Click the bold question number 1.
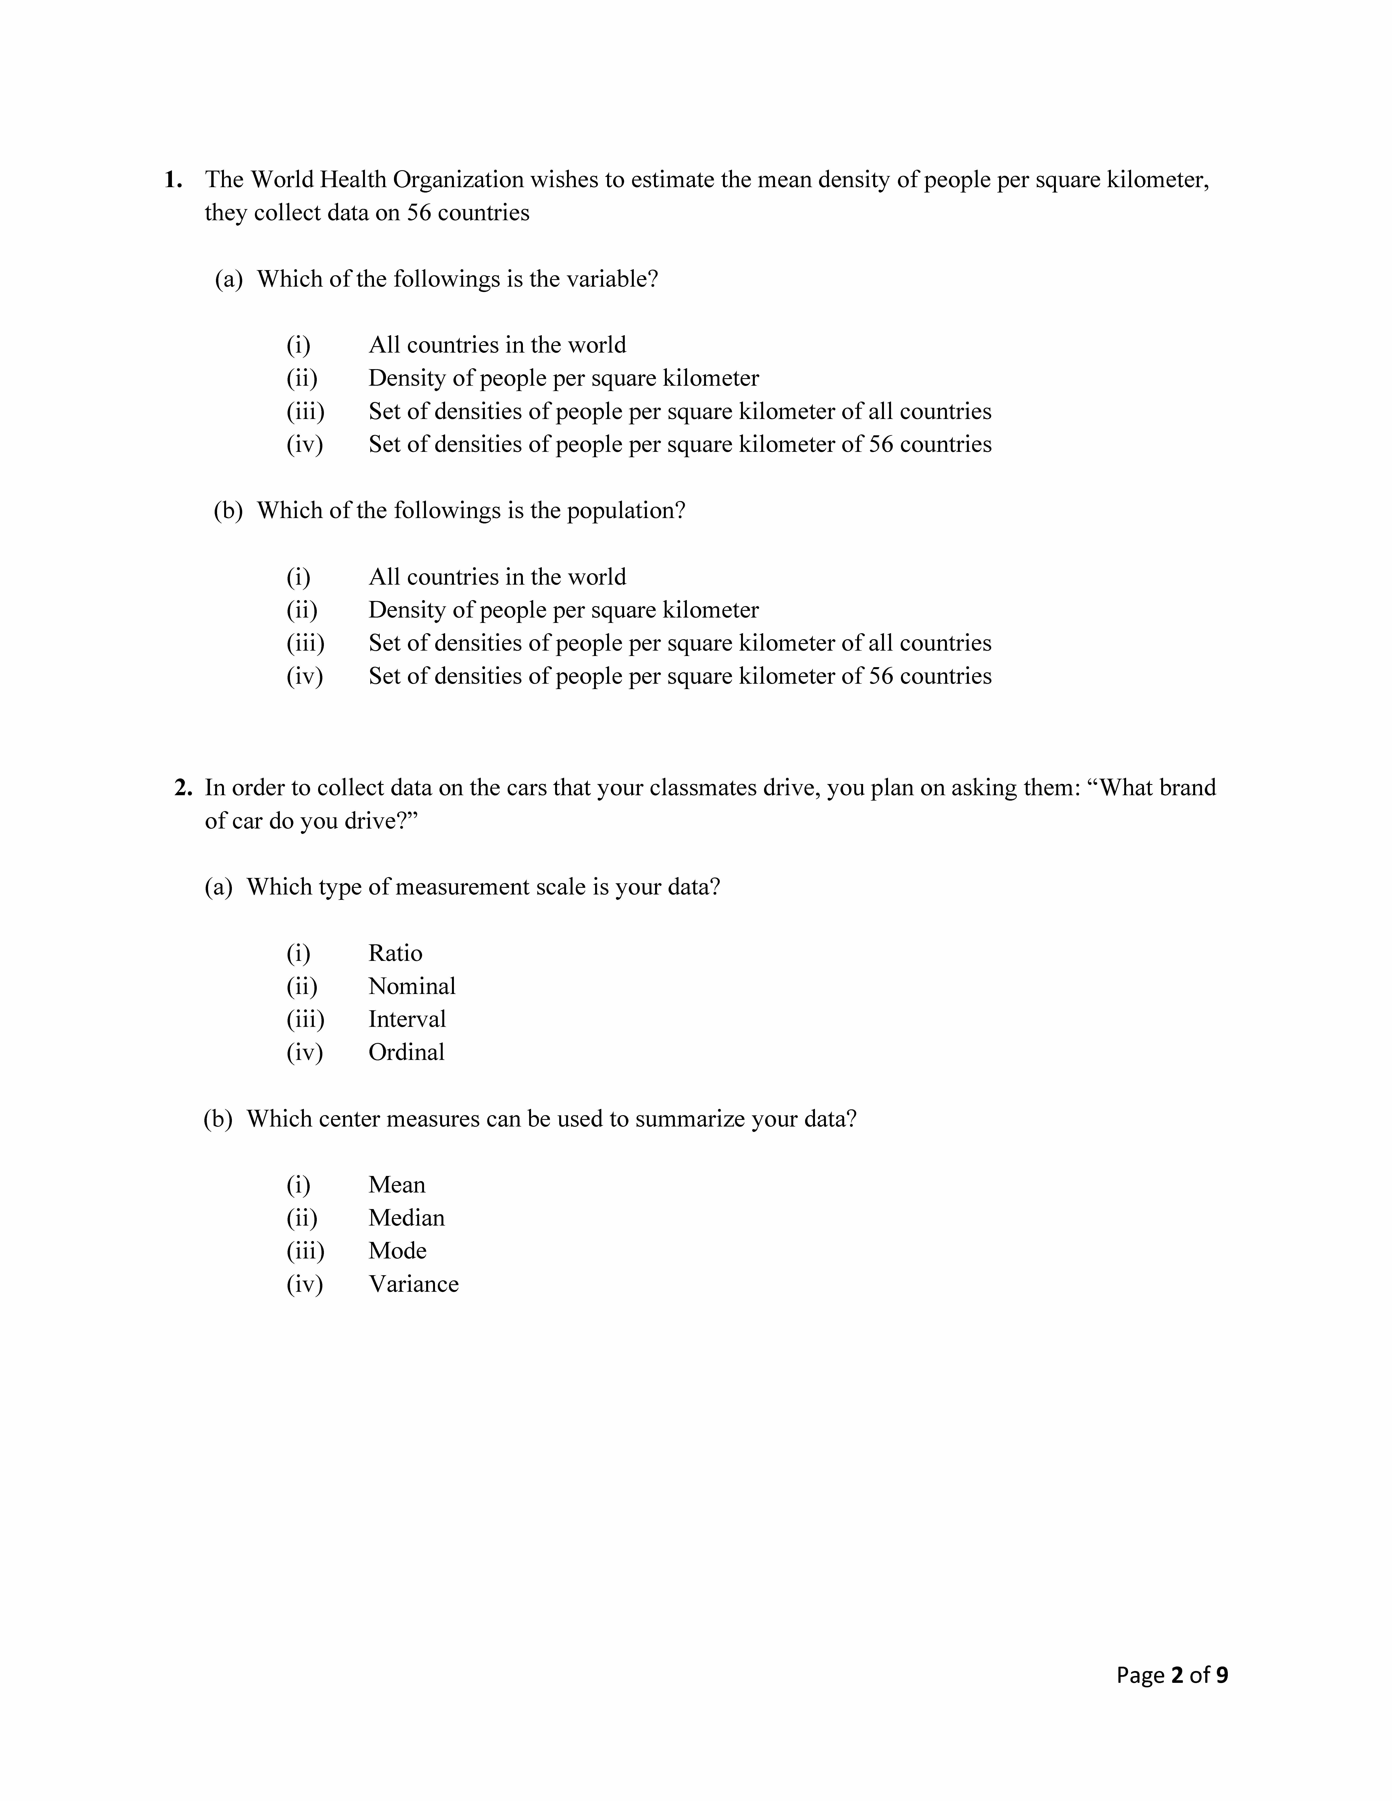pos(172,180)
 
